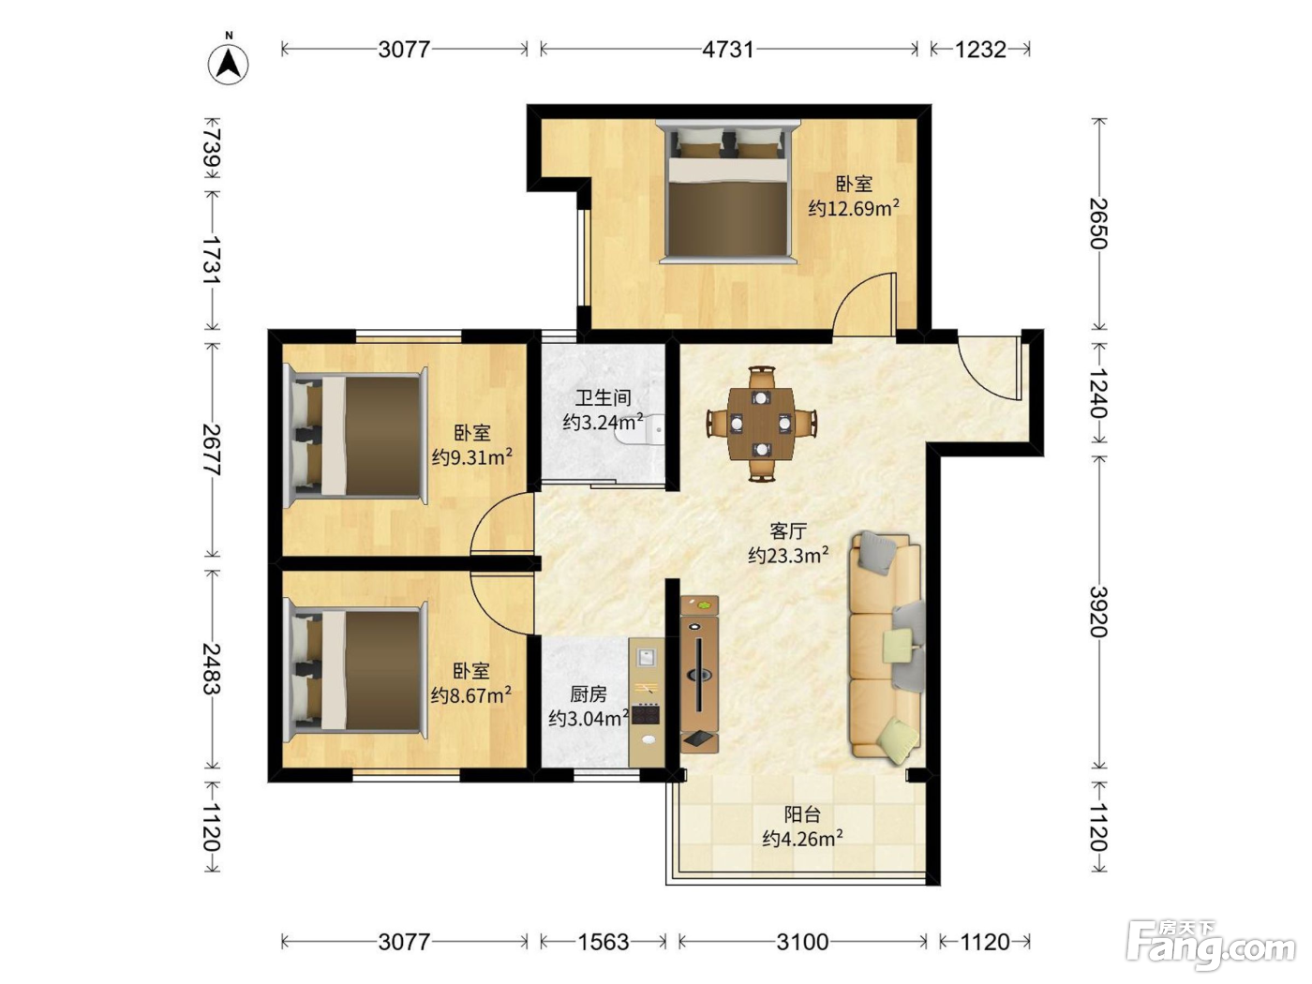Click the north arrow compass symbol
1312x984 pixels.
point(228,60)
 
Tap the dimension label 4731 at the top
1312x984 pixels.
point(727,49)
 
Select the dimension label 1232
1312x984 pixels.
point(980,49)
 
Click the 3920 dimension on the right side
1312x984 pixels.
point(1098,612)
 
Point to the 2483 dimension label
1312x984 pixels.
point(212,668)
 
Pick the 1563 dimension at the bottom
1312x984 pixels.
point(604,942)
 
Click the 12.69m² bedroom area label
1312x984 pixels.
point(854,208)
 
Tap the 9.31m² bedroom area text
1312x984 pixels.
point(472,457)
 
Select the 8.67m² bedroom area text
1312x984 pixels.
point(471,694)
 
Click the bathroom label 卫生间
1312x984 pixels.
point(604,397)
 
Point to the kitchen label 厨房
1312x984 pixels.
point(589,693)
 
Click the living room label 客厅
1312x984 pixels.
point(788,529)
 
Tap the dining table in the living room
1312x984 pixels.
point(762,424)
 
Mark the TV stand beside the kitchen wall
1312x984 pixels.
point(699,674)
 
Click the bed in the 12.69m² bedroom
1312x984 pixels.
point(727,192)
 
